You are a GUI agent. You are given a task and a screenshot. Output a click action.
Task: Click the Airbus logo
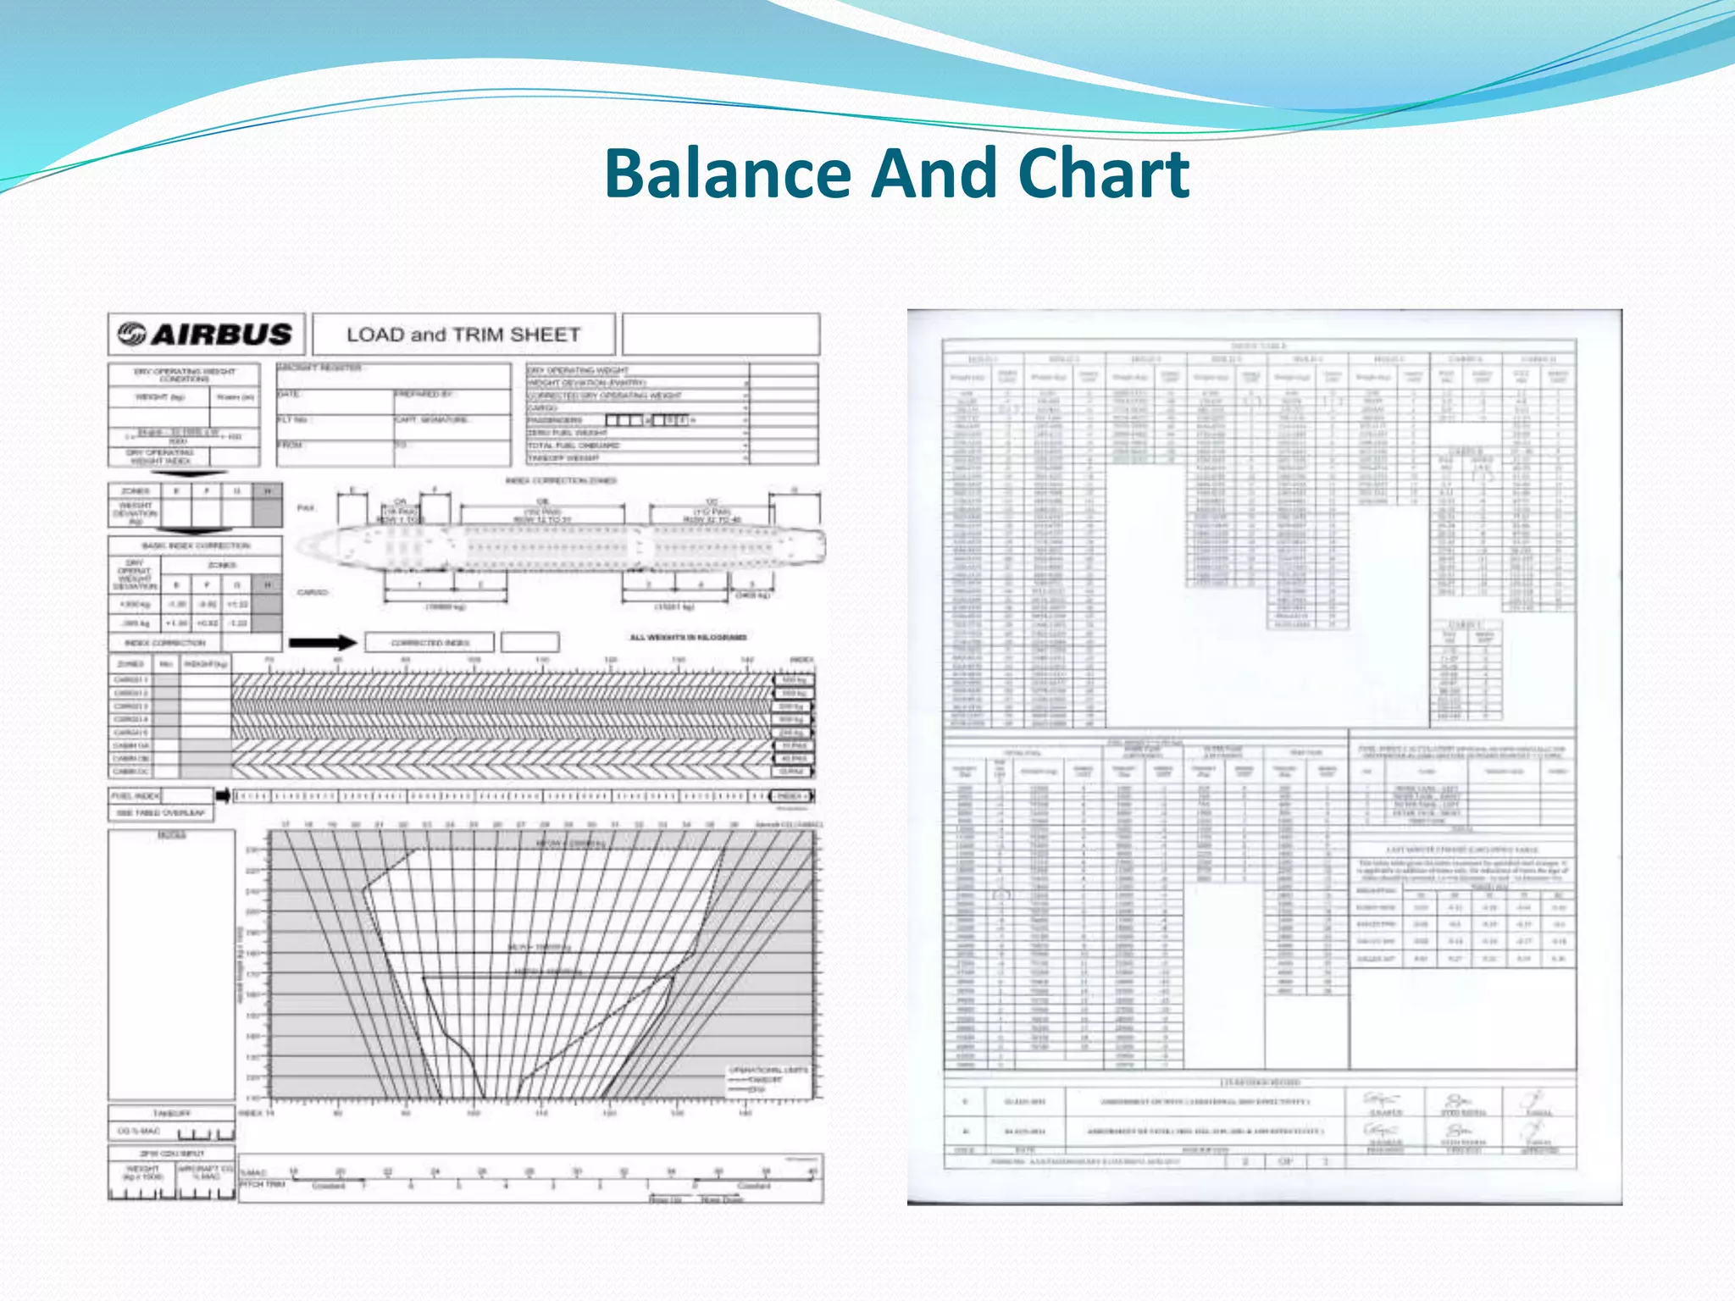pos(205,334)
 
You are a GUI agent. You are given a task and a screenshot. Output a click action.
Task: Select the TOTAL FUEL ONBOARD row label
pos(574,446)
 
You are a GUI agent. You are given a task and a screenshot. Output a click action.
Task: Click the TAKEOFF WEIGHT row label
pos(563,458)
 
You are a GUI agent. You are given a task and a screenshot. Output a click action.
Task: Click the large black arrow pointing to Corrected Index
pos(323,643)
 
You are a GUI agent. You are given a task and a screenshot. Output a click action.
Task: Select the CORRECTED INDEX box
pos(430,643)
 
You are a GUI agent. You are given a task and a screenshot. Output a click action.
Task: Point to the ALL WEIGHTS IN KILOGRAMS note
pos(688,637)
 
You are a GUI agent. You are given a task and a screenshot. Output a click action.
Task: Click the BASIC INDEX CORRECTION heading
pos(196,545)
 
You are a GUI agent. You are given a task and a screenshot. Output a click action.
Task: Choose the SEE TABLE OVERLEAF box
pos(160,813)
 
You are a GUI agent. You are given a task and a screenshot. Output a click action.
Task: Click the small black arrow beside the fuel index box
pos(223,796)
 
